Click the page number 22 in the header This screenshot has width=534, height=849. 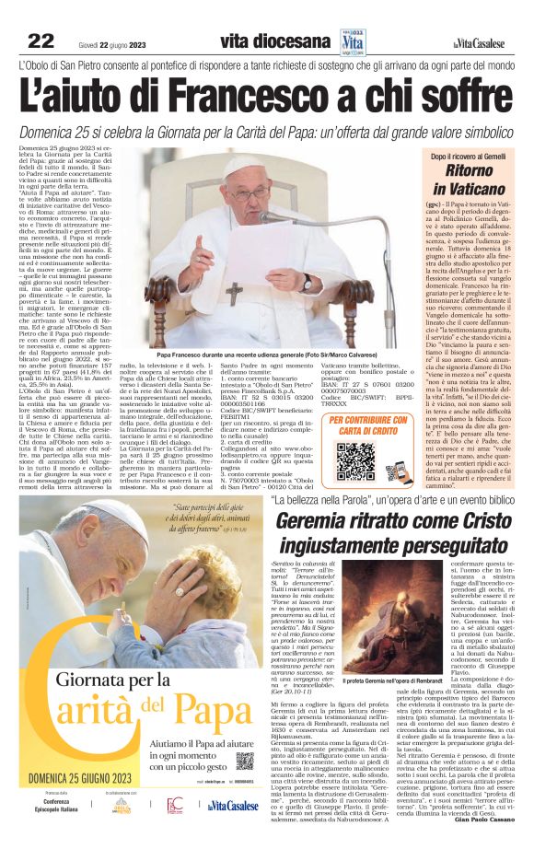tap(41, 40)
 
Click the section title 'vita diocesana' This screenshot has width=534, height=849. tap(275, 41)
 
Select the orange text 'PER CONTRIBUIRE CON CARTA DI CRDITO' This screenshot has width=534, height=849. tap(361, 425)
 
